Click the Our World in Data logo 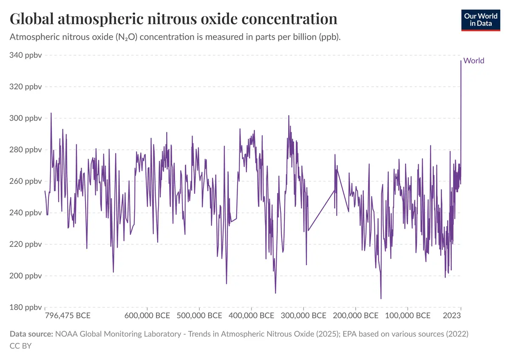(x=481, y=20)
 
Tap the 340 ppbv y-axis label (x=26, y=55)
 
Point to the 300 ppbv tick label (x=26, y=118)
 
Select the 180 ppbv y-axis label (x=26, y=307)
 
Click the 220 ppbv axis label (x=26, y=244)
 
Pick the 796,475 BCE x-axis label (x=68, y=316)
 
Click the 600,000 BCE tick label (x=147, y=316)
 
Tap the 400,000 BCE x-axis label (x=251, y=316)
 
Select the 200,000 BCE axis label (x=356, y=316)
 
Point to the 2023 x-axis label (x=452, y=316)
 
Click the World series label (x=474, y=61)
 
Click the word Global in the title (x=31, y=19)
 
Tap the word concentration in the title (x=289, y=19)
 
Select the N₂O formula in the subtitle (x=126, y=37)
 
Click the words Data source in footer (x=31, y=334)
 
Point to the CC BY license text (x=21, y=346)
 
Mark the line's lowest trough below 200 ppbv (x=381, y=298)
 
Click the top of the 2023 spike (x=461, y=61)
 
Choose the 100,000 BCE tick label (x=408, y=316)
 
